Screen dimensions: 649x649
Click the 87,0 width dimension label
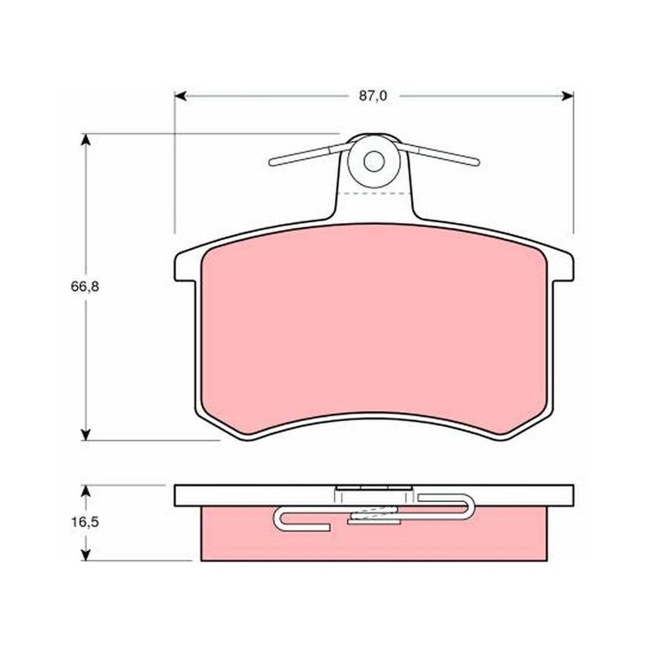point(373,96)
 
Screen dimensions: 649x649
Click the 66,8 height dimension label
point(85,286)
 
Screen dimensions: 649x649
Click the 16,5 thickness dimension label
point(85,522)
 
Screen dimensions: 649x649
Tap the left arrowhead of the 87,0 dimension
point(180,96)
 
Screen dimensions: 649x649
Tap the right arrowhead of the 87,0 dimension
point(567,96)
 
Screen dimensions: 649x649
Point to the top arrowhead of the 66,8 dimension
point(85,139)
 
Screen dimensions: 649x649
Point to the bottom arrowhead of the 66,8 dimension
point(85,435)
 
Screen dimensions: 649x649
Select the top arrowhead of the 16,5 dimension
point(85,491)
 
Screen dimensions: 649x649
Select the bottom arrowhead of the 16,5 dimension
point(85,555)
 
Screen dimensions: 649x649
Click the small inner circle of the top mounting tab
point(374,161)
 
